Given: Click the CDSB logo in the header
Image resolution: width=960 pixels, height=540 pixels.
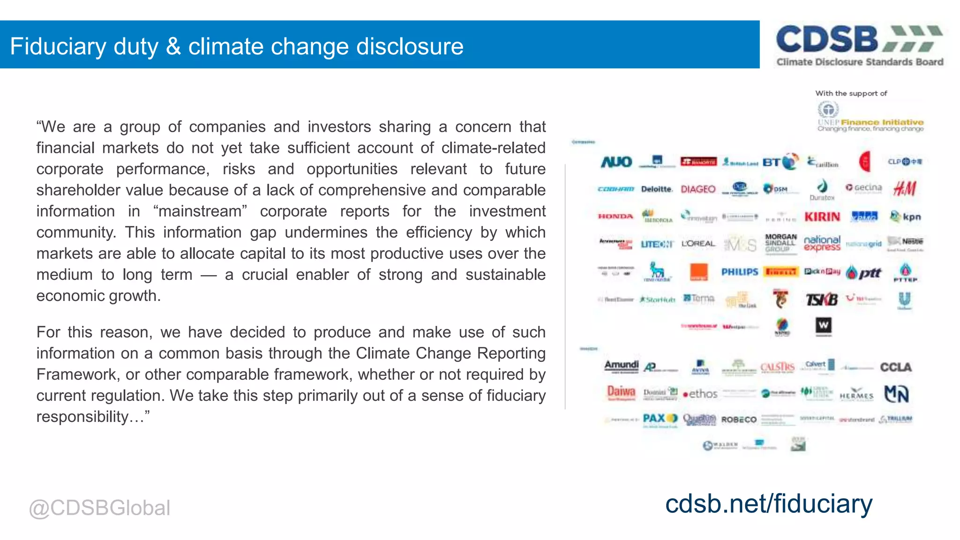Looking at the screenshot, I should (859, 45).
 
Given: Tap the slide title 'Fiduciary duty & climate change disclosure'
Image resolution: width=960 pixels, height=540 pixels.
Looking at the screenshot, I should (237, 46).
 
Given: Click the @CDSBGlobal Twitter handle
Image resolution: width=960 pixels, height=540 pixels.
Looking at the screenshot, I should (99, 508).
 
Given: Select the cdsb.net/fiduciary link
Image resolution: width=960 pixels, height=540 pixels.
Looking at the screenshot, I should (769, 504).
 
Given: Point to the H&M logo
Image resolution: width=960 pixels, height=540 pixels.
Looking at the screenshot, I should (905, 188).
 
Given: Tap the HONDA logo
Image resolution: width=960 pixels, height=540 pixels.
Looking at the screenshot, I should (615, 217).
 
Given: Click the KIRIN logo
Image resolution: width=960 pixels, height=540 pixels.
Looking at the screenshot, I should (822, 217).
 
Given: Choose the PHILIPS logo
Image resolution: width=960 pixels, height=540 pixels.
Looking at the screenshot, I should (740, 272).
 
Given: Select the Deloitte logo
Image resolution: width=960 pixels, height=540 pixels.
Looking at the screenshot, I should (657, 189).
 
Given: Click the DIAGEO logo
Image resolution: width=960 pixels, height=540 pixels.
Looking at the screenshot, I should (698, 189).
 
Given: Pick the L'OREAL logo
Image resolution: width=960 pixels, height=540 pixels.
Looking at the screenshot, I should (698, 244).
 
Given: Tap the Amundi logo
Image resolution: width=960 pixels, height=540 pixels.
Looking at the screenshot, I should (622, 366).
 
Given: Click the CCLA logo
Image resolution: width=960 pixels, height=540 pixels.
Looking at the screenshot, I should (896, 367).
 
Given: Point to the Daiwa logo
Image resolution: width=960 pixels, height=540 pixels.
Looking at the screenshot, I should (621, 392).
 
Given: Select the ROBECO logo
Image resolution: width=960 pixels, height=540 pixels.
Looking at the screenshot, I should (739, 420).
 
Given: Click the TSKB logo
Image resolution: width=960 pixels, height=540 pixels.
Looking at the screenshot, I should (822, 299).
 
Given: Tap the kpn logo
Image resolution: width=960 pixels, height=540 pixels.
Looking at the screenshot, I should (906, 217).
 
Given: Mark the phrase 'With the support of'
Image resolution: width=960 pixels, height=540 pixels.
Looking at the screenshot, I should (851, 93).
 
